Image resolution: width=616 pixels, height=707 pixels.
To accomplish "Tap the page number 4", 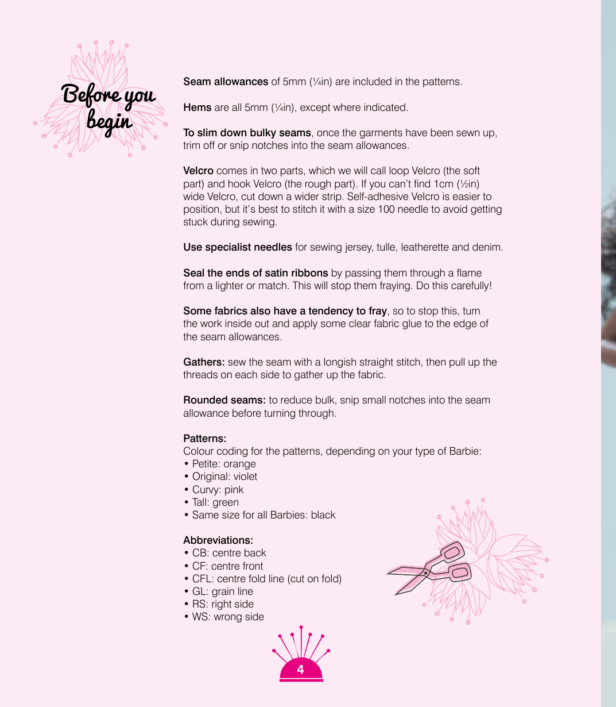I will click(300, 670).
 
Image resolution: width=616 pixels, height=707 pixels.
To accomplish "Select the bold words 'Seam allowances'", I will click(226, 82).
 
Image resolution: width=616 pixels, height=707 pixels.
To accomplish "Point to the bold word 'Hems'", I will click(197, 107).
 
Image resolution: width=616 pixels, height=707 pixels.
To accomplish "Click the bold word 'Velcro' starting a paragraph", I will click(198, 171).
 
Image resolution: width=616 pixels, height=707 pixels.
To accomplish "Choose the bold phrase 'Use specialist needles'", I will click(238, 247).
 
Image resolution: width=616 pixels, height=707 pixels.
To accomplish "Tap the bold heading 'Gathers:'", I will click(204, 362).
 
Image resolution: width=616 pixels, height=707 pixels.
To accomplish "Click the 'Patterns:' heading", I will click(204, 439).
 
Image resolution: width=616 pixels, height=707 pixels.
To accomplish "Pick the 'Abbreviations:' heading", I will click(218, 540).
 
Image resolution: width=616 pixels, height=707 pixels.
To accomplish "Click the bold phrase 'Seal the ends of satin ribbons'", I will click(255, 273).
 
